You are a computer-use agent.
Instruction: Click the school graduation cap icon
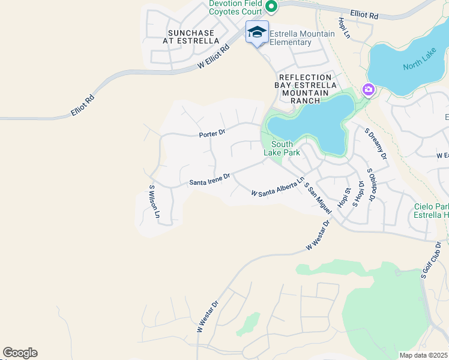click(x=257, y=32)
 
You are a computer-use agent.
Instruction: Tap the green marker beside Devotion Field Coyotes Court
click(x=271, y=7)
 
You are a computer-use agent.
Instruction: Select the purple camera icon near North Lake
click(x=368, y=90)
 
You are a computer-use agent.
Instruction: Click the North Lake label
click(x=417, y=65)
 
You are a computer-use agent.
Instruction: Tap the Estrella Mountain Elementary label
click(x=302, y=38)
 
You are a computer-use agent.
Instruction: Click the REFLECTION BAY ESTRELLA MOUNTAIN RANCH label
click(x=305, y=89)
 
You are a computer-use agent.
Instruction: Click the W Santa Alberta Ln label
click(x=278, y=190)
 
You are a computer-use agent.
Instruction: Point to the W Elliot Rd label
click(x=214, y=58)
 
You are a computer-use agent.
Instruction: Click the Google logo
click(x=20, y=353)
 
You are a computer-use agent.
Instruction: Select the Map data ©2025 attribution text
click(x=423, y=355)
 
